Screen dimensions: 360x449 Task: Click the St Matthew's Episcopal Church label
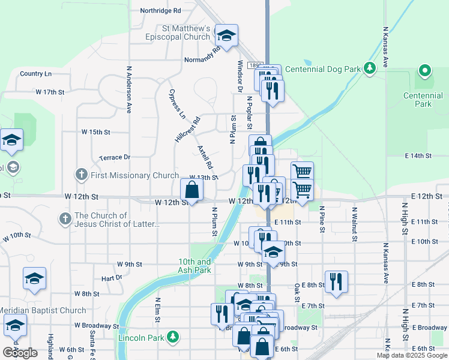tap(186, 32)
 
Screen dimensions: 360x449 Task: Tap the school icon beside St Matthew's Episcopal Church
tap(227, 36)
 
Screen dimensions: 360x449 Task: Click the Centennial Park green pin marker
tap(425, 72)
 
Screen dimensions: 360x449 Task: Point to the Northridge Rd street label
tap(160, 11)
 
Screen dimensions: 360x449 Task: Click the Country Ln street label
tap(35, 74)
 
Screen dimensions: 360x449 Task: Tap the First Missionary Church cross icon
tap(82, 175)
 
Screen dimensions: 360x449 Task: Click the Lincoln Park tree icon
tap(173, 337)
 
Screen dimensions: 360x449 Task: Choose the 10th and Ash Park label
tap(194, 266)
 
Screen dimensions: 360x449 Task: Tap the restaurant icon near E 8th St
tap(336, 281)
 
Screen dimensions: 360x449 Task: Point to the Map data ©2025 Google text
tap(412, 355)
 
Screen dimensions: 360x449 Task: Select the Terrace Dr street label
tap(114, 157)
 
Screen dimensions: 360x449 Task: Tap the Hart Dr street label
tap(112, 278)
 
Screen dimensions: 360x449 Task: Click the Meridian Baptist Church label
tap(43, 310)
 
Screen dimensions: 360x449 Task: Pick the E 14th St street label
tap(418, 155)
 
